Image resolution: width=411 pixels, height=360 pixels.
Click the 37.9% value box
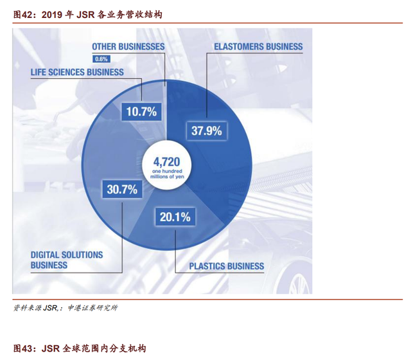(x=207, y=130)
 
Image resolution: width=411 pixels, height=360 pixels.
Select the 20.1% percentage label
(x=175, y=217)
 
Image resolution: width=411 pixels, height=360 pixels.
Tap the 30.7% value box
(x=122, y=189)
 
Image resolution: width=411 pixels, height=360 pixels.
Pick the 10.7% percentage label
(x=141, y=111)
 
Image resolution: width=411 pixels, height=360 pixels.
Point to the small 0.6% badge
(x=101, y=59)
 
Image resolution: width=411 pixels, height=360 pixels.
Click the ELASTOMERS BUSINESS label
(x=258, y=47)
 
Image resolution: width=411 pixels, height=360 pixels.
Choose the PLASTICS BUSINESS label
(x=227, y=266)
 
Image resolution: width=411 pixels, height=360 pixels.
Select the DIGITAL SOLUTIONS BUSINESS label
(x=67, y=260)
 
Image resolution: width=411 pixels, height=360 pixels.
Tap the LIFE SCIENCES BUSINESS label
(x=77, y=72)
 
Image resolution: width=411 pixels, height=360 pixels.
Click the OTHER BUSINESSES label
(x=128, y=47)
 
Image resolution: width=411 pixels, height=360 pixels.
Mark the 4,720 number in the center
(x=167, y=162)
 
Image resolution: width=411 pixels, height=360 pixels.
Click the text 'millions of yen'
(x=167, y=177)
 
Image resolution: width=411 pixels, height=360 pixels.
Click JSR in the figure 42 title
(x=85, y=15)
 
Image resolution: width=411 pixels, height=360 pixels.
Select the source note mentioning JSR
(x=66, y=307)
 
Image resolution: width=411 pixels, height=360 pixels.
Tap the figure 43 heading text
(x=80, y=348)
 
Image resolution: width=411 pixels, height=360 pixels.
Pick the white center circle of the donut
(x=167, y=165)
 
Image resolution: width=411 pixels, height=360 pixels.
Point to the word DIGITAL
(x=45, y=255)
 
